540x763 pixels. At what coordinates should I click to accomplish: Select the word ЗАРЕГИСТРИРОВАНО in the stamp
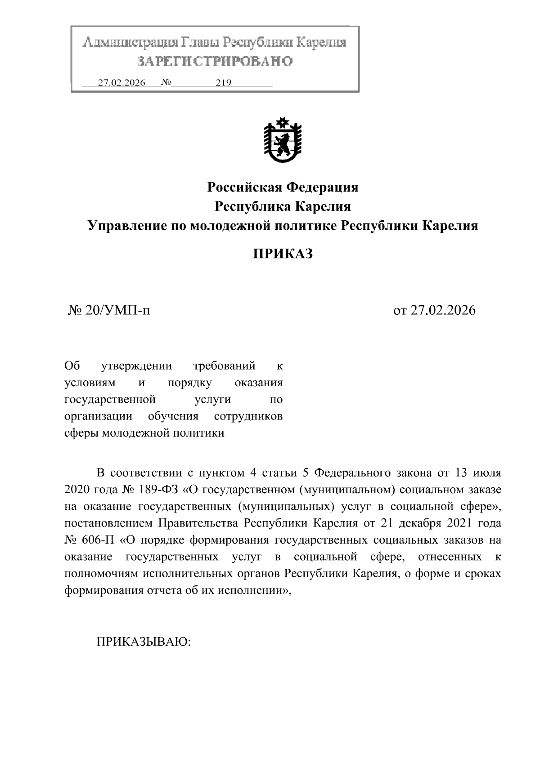(215, 61)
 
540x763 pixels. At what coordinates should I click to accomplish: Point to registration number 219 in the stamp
(223, 83)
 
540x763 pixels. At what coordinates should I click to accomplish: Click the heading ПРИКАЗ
(283, 254)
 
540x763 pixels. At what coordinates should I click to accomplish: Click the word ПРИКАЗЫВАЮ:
(144, 641)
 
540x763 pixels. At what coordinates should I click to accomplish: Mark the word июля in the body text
(488, 473)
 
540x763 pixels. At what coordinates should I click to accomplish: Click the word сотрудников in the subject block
(248, 416)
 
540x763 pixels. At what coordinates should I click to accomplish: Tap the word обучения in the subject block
(173, 416)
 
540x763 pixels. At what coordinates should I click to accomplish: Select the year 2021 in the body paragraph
(461, 523)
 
